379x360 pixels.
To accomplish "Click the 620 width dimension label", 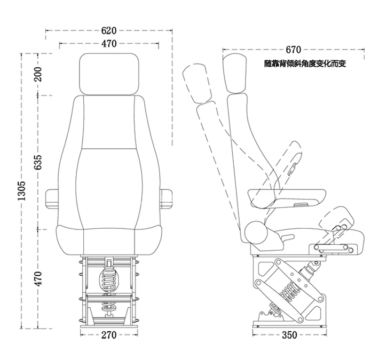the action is (x=109, y=30).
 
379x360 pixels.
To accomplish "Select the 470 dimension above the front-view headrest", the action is (x=109, y=44).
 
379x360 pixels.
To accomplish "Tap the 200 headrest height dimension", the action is (x=38, y=74).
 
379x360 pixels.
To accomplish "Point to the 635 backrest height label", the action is (x=38, y=162).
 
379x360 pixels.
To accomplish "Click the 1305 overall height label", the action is (x=21, y=190).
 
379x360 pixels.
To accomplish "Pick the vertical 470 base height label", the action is (x=38, y=278).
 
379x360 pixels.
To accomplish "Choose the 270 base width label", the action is (x=109, y=335).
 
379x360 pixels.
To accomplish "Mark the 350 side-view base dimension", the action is (x=289, y=335).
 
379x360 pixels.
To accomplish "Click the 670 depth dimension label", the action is (x=294, y=50).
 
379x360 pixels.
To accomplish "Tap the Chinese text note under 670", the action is (x=305, y=63).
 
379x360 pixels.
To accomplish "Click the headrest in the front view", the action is (x=109, y=74).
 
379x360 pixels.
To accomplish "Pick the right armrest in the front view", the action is (x=166, y=199).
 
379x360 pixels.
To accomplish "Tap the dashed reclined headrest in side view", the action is (x=197, y=83).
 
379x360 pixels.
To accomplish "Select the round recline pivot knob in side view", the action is (x=256, y=233).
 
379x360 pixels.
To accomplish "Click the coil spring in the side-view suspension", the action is (x=290, y=291).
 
